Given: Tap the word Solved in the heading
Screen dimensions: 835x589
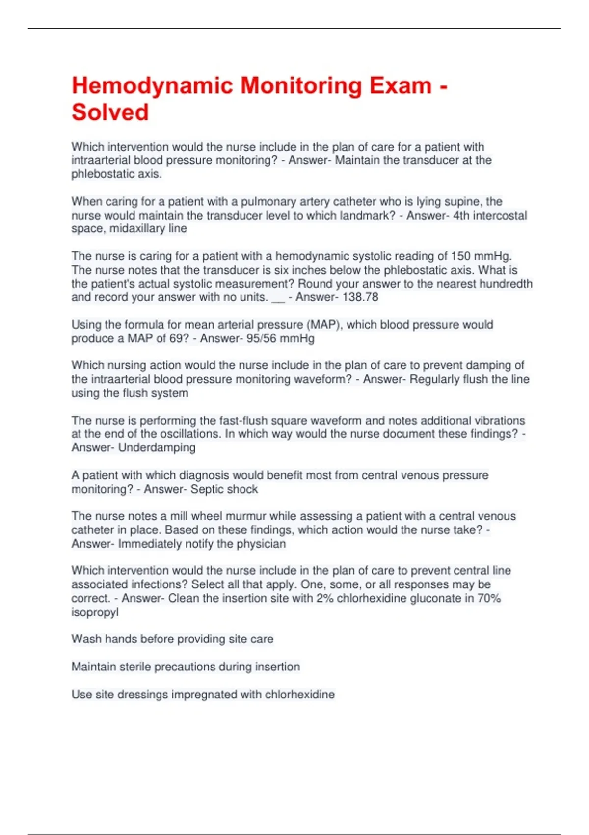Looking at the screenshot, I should (110, 112).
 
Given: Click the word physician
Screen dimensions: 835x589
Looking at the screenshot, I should (261, 544).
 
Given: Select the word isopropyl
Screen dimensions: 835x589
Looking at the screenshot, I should (95, 612).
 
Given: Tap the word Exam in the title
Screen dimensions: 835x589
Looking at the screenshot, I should (401, 86).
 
